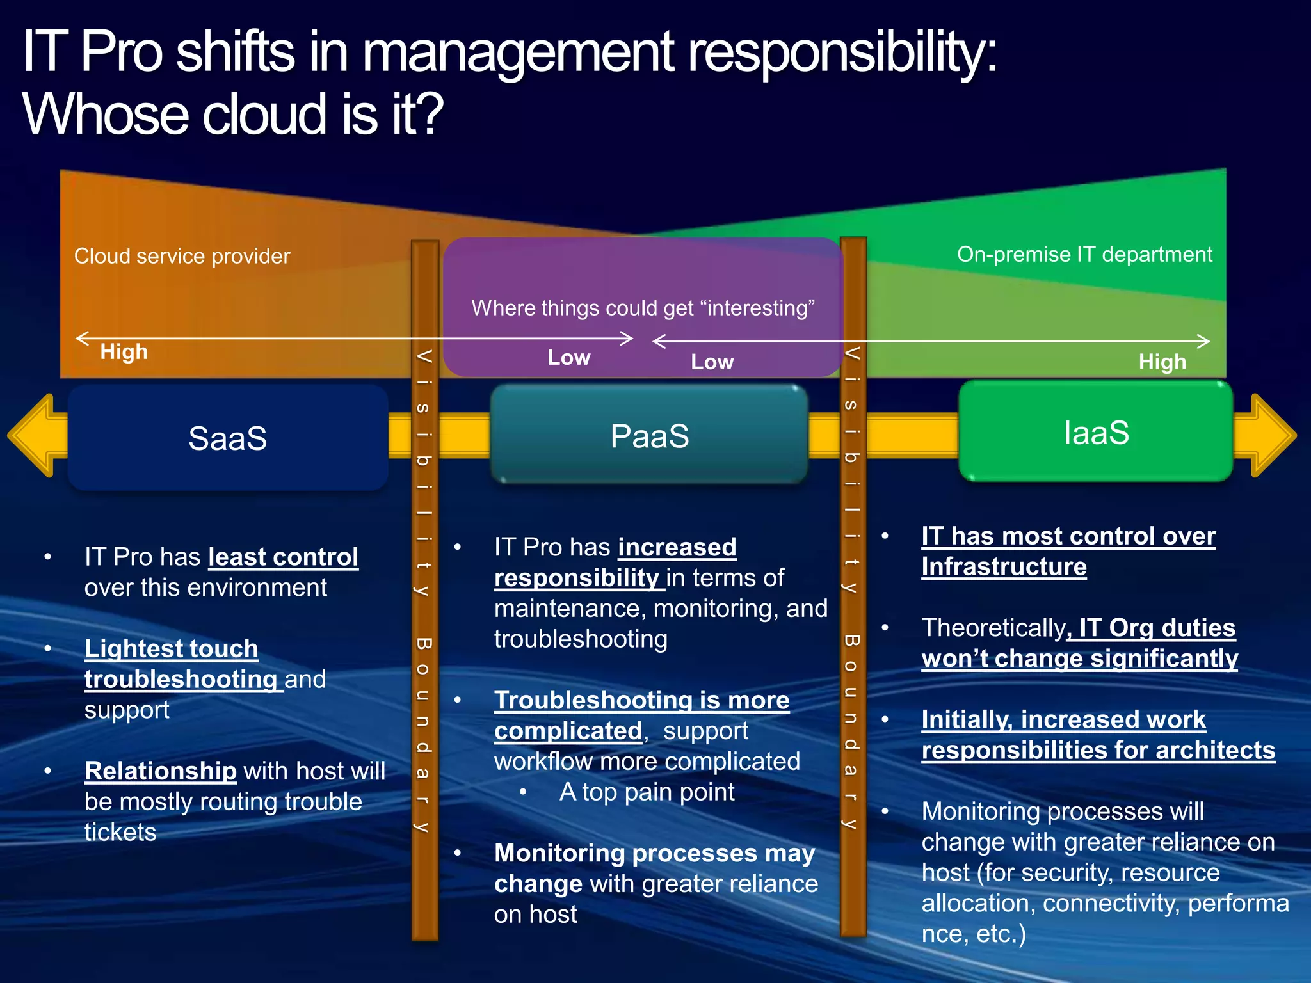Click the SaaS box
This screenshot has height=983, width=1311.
pyautogui.click(x=227, y=438)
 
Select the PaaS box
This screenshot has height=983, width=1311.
pyautogui.click(x=649, y=436)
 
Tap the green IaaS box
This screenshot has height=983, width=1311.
pyautogui.click(x=1095, y=432)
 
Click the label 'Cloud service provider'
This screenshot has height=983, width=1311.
pyautogui.click(x=182, y=256)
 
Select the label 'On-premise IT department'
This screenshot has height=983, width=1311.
pyautogui.click(x=1084, y=254)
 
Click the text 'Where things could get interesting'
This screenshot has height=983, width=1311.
pyautogui.click(x=643, y=308)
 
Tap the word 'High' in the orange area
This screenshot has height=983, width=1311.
pyautogui.click(x=124, y=351)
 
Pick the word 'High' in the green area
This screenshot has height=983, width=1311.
pyautogui.click(x=1162, y=362)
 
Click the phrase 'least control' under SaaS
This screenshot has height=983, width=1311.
pyautogui.click(x=283, y=557)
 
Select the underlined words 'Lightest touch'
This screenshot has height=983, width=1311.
pyautogui.click(x=171, y=648)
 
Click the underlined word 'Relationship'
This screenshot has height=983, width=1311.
pyautogui.click(x=160, y=771)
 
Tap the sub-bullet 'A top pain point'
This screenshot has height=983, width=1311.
pyautogui.click(x=647, y=792)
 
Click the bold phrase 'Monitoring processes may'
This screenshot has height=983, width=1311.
pyautogui.click(x=654, y=853)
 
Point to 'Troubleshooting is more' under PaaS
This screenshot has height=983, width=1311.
pyautogui.click(x=641, y=700)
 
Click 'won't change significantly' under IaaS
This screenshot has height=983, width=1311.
pyautogui.click(x=1079, y=659)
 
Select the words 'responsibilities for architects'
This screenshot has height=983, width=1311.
pyautogui.click(x=1098, y=750)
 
